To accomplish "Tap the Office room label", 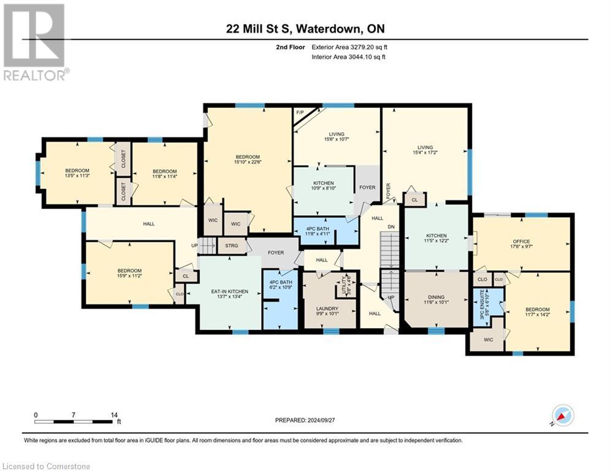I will coord(520,242).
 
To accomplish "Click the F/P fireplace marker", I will coord(300,113).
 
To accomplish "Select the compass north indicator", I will coord(562,416).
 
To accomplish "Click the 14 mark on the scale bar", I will coord(114,415).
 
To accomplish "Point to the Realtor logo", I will coord(34,42).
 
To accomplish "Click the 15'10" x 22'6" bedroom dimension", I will coord(248,163).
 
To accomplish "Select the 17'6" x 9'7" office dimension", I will coord(520,248).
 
